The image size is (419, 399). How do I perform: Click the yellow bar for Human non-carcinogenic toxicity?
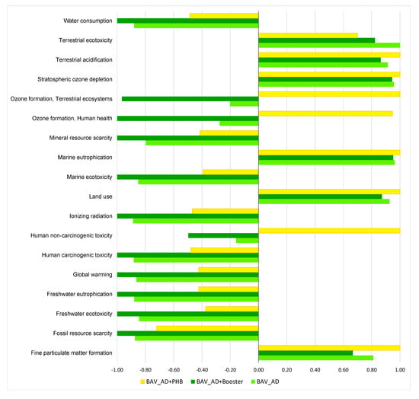click(x=329, y=230)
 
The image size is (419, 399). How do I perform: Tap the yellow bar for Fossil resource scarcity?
click(x=207, y=328)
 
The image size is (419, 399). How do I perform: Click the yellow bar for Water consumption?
click(x=224, y=15)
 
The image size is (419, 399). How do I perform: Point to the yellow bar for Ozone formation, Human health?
click(x=325, y=113)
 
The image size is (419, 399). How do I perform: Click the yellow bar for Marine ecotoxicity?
click(x=230, y=171)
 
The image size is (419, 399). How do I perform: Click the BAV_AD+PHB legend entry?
click(x=163, y=380)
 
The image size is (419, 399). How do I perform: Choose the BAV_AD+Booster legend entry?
click(x=218, y=380)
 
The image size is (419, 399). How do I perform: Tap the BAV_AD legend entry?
click(x=267, y=380)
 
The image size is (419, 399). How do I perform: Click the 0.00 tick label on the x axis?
click(x=259, y=370)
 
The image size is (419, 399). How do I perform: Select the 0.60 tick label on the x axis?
click(x=344, y=370)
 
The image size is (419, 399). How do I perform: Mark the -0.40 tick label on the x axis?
click(x=202, y=370)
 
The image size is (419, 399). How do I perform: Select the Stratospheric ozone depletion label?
click(x=75, y=78)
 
